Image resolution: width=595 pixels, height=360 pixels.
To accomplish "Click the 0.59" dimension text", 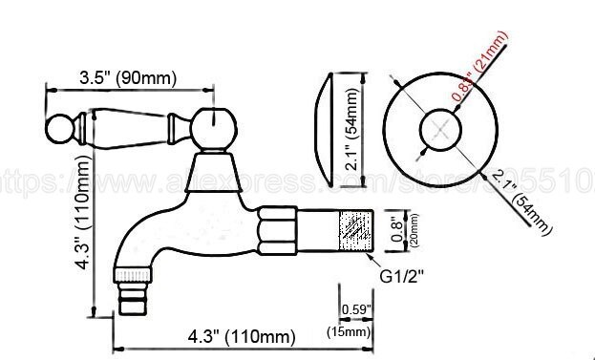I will coord(355,309).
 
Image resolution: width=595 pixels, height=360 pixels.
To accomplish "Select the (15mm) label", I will coord(355,330).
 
